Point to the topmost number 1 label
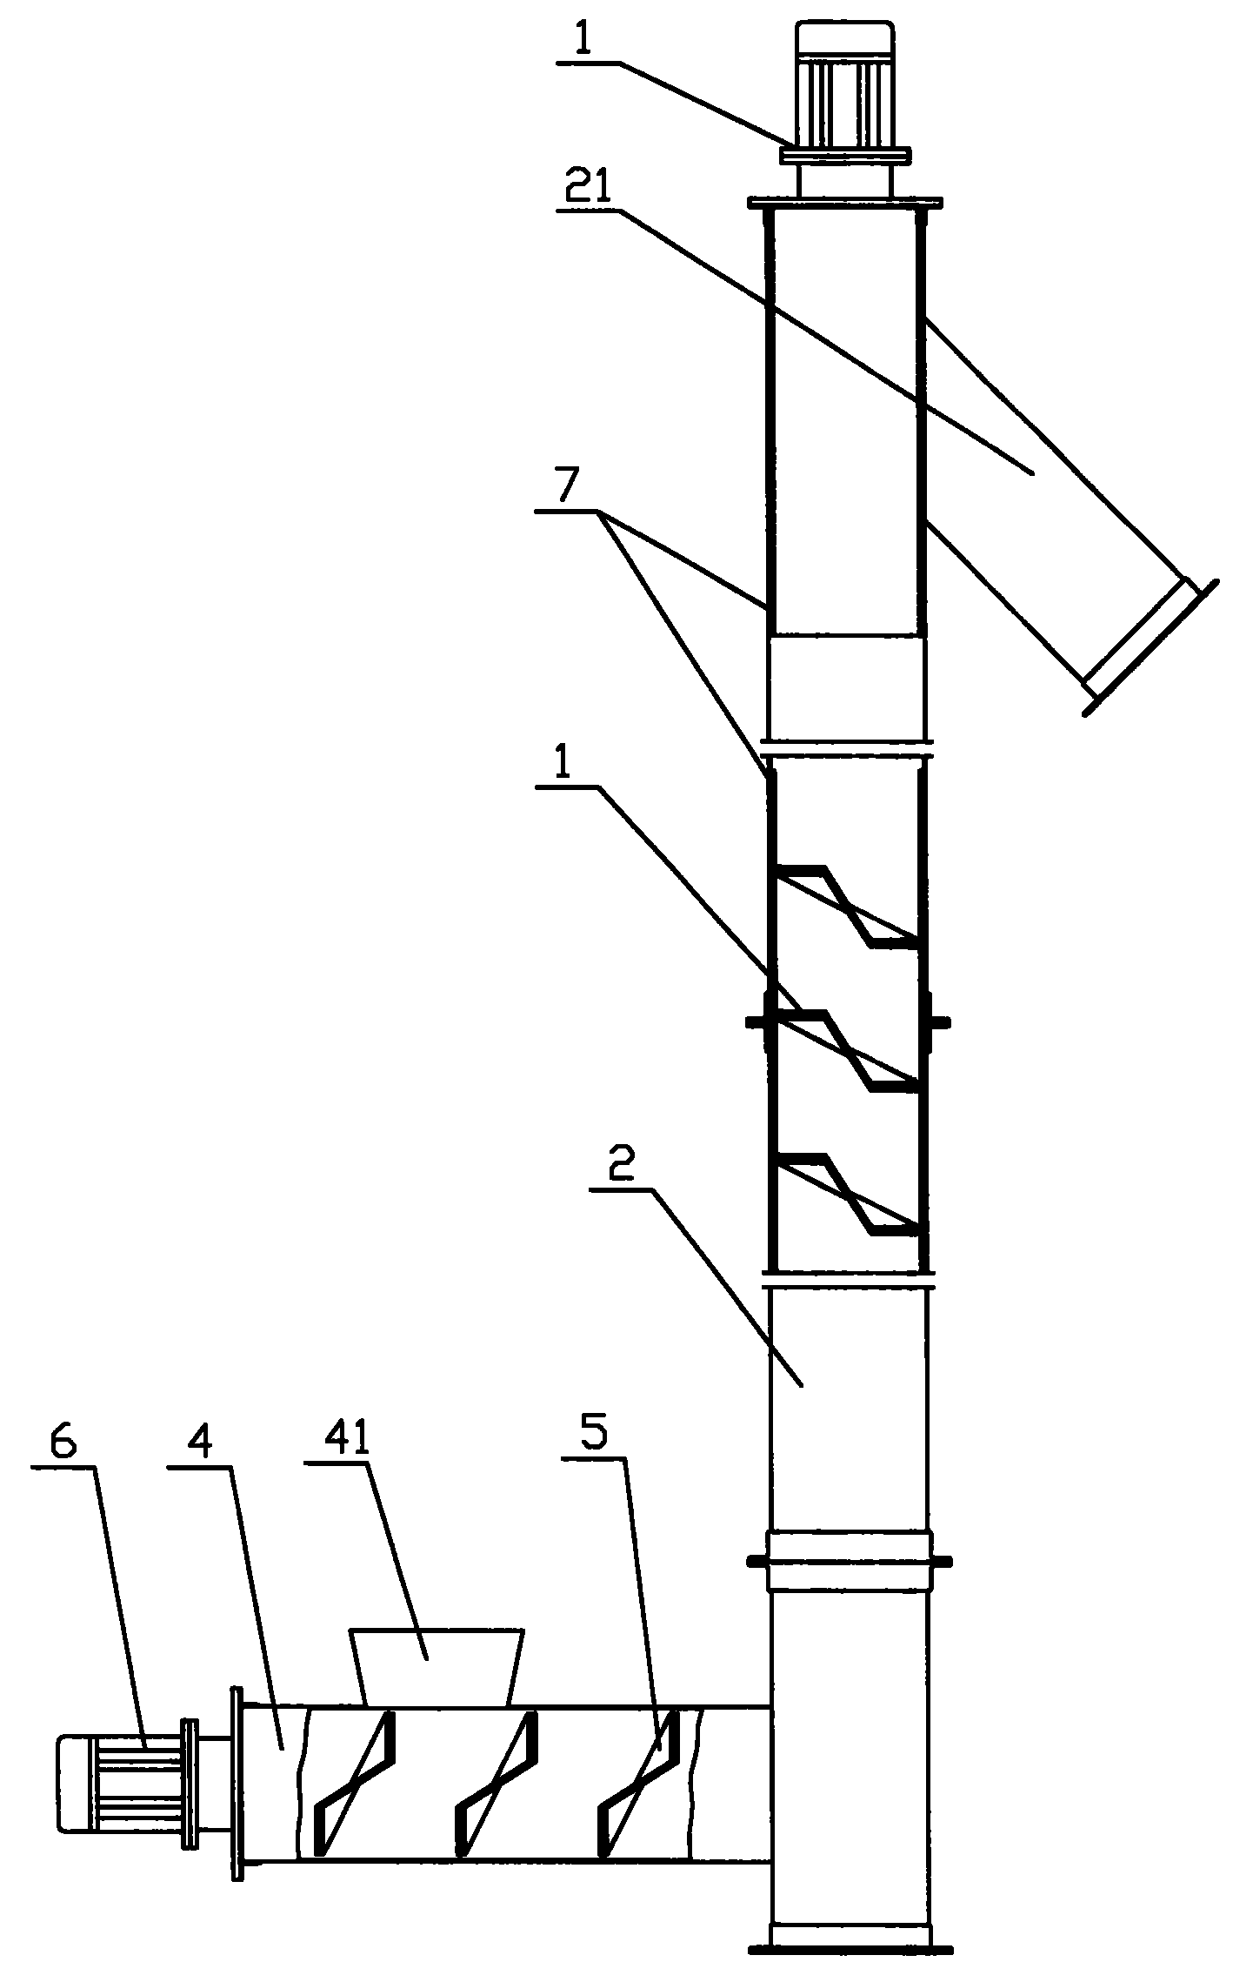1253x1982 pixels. point(585,41)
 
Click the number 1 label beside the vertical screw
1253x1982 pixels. point(563,763)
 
